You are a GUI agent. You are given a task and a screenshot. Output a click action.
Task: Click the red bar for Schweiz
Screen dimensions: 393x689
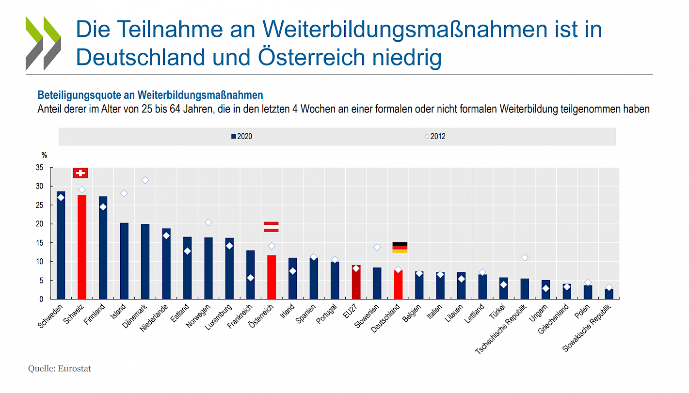point(82,247)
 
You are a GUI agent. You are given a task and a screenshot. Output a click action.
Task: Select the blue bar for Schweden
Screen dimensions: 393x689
point(61,245)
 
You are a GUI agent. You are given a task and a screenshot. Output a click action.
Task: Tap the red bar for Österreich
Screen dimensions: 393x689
point(272,277)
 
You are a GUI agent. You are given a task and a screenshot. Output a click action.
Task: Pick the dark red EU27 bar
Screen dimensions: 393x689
point(356,282)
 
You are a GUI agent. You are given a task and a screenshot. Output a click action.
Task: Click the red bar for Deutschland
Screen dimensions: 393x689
point(398,284)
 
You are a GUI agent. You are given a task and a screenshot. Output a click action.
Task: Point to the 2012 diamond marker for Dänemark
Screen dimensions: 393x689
point(145,180)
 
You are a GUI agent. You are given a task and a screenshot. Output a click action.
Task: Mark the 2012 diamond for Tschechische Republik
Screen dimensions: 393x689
point(524,257)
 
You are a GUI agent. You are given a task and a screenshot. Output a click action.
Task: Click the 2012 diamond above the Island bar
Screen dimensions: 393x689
point(124,193)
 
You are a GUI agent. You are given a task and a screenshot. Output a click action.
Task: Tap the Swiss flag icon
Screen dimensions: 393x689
point(80,173)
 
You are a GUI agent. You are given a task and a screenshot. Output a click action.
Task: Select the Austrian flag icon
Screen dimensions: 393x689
point(271,226)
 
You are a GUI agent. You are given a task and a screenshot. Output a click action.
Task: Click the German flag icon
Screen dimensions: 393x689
point(400,247)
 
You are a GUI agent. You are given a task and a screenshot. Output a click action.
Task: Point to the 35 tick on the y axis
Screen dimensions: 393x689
point(39,168)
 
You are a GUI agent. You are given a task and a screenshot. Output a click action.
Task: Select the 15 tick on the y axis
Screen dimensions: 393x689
point(39,243)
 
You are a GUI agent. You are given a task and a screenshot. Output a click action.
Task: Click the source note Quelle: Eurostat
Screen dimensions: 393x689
point(60,369)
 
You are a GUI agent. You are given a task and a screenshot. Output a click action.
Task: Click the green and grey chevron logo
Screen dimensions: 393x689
point(43,43)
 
